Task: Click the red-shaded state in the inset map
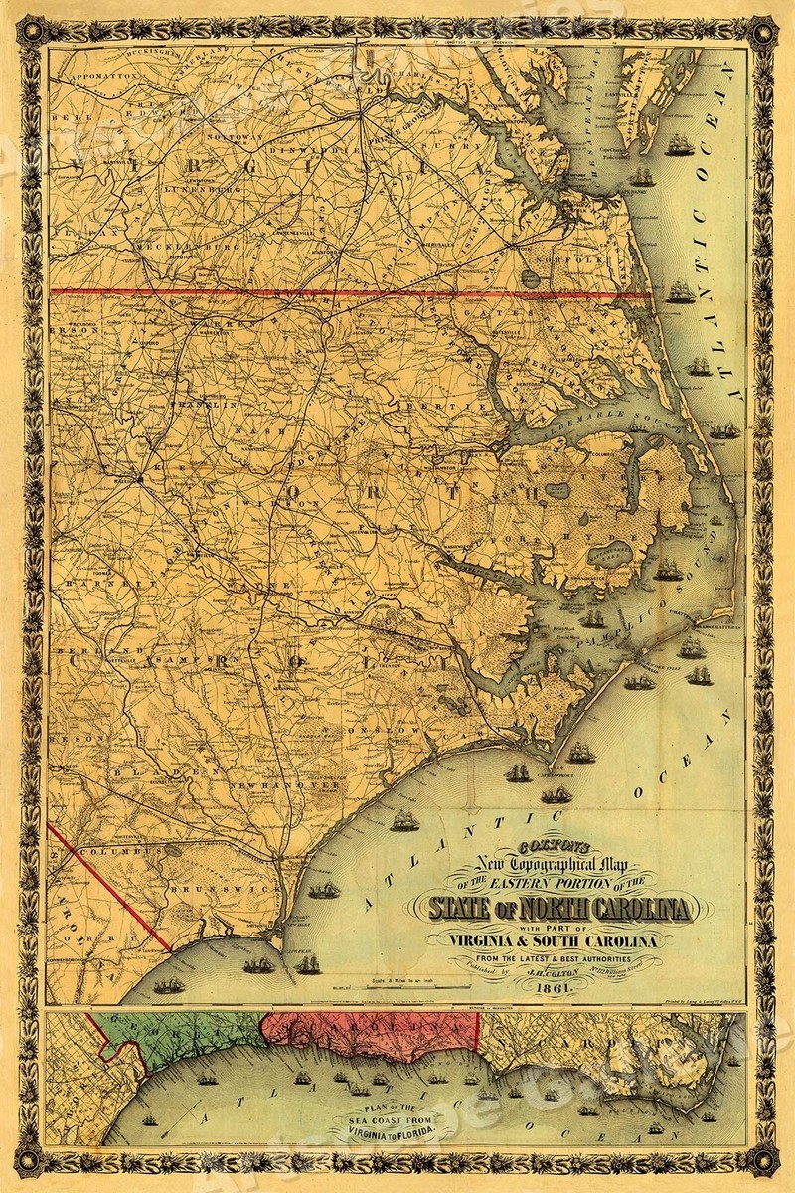pyautogui.click(x=368, y=1037)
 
